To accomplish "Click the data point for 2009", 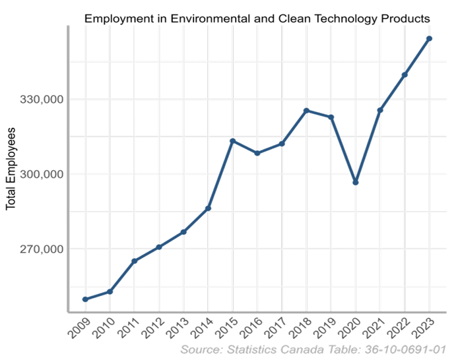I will (85, 299).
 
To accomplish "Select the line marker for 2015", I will (233, 141).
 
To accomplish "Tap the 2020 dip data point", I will (356, 182).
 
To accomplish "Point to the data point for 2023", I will (430, 39).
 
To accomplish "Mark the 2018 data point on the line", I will (306, 110).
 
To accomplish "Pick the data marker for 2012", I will (159, 247).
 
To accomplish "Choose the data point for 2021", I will (380, 110).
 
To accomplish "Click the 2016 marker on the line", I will (257, 153).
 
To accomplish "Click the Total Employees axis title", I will (11, 169).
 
